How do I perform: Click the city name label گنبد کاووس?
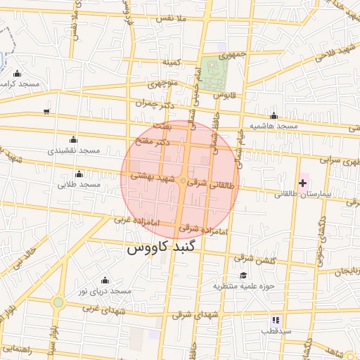click(x=163, y=248)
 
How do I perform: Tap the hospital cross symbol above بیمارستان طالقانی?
click(x=302, y=183)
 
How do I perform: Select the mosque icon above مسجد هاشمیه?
click(x=274, y=116)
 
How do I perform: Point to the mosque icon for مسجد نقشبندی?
click(x=73, y=140)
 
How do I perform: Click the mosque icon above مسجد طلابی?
click(x=79, y=173)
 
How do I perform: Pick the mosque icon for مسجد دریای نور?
click(x=105, y=280)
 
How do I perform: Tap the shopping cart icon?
click(x=46, y=111)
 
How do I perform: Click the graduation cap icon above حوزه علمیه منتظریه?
click(x=243, y=275)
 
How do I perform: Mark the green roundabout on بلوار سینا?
click(x=58, y=302)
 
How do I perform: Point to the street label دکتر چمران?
click(x=154, y=103)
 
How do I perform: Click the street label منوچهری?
click(x=162, y=83)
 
